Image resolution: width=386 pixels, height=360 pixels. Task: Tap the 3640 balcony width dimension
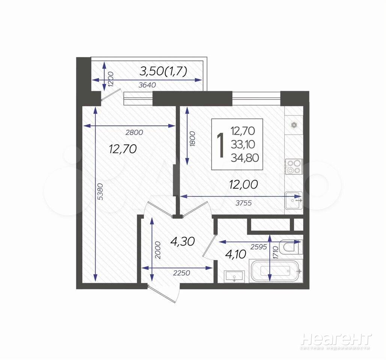pos(147,85)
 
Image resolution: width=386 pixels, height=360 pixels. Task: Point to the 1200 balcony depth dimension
pos(110,79)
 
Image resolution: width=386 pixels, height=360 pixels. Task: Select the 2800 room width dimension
pos(134,132)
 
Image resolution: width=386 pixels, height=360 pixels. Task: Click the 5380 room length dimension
pos(100,192)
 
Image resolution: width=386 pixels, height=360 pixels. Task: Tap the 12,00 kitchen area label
pos(243,184)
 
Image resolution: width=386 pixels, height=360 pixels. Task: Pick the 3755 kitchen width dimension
pos(244,203)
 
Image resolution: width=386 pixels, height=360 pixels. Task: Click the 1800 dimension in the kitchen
pos(193,139)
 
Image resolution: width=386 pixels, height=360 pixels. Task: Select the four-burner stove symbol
pos(294,167)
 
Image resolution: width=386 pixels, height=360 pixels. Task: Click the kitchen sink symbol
pos(294,200)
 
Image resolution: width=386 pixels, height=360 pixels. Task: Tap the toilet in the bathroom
pos(291,247)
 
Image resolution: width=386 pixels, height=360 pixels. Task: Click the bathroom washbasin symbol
pos(234,276)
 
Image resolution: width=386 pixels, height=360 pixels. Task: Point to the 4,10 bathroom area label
pos(236,254)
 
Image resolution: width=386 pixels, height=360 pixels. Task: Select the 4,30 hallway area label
pos(182,241)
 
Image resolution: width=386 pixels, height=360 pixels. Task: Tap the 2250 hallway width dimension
pos(182,273)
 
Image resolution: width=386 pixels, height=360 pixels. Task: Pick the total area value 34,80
pos(245,157)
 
